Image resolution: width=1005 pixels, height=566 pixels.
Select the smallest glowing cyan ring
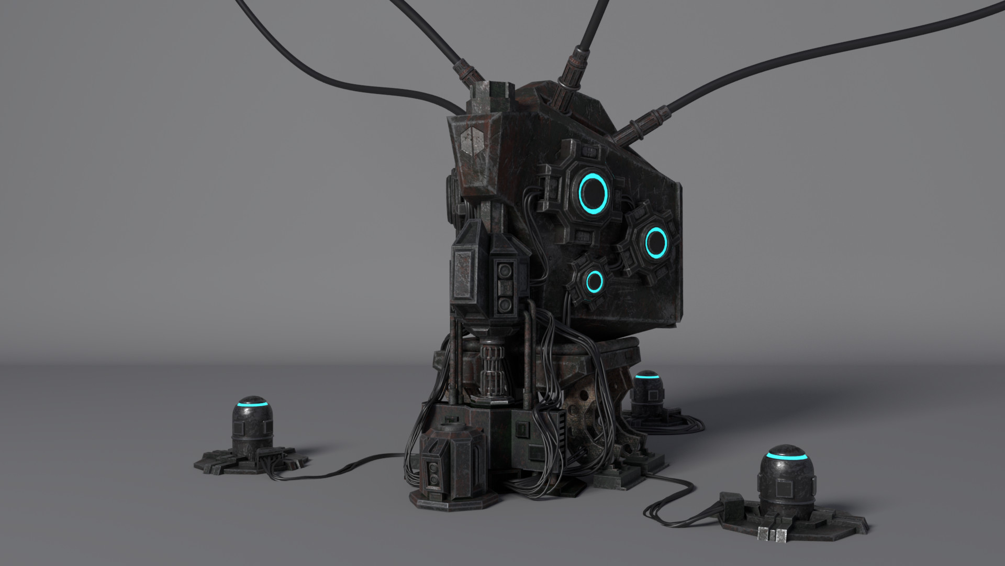point(594,282)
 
